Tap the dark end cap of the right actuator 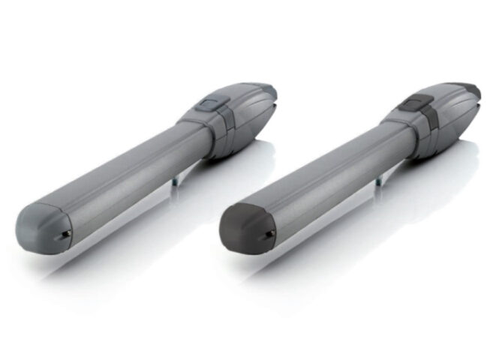point(244,227)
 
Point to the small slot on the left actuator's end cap point(65,234)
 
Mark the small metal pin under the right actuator point(378,179)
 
